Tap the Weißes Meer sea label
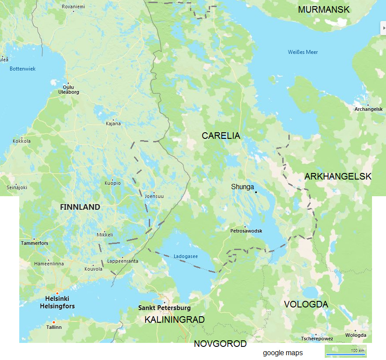click(303, 52)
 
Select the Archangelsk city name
click(368, 109)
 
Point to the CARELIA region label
click(221, 136)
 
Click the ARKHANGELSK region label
click(338, 176)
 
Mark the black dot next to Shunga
click(256, 191)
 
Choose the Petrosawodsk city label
click(246, 231)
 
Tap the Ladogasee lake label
click(186, 256)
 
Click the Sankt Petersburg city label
click(165, 308)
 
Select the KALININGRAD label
click(175, 320)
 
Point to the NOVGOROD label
click(220, 344)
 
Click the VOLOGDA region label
click(306, 304)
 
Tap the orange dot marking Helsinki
click(57, 293)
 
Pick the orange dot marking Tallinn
click(54, 322)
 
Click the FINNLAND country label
click(80, 207)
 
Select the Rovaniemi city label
click(74, 7)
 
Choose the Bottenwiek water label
click(23, 69)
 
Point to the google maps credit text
click(282, 353)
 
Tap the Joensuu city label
click(154, 196)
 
